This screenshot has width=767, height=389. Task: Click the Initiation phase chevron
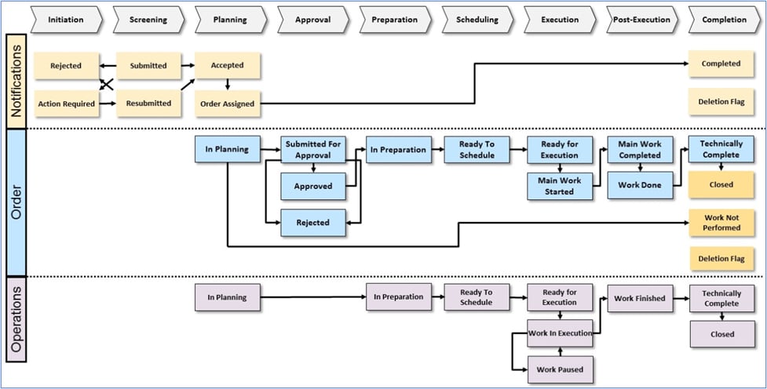66,20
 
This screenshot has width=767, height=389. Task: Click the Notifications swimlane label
16,80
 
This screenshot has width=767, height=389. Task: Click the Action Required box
67,104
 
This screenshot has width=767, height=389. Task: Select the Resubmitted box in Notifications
148,104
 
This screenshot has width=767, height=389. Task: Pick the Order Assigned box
227,104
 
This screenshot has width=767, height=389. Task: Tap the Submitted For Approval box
313,150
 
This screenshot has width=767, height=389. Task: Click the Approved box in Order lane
313,187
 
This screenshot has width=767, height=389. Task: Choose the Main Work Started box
560,187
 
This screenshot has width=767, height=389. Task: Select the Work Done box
640,185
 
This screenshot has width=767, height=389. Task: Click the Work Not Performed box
721,223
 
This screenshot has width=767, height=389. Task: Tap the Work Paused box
560,369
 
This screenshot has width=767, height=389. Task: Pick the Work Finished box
640,299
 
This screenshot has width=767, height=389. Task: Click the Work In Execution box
560,333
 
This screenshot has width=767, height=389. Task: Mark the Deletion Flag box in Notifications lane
721,101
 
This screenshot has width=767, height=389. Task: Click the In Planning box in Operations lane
227,298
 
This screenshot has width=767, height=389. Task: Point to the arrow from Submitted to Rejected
108,66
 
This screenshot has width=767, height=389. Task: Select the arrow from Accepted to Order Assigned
227,85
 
